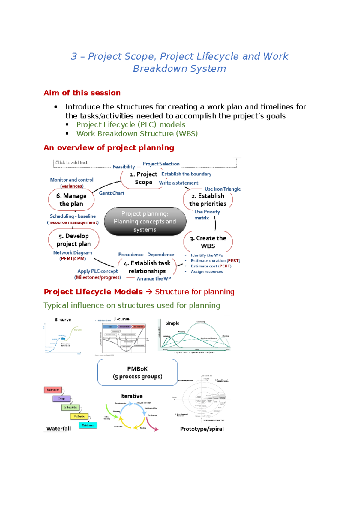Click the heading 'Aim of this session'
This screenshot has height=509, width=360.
(82, 93)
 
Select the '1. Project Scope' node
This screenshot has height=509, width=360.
(143, 178)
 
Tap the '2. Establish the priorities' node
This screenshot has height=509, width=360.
(208, 200)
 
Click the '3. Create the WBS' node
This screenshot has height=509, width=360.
(208, 242)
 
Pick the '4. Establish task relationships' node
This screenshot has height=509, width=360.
(147, 267)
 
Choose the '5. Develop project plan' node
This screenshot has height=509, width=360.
(73, 240)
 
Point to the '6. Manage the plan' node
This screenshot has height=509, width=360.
(71, 200)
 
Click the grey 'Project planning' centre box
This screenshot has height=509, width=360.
(145, 222)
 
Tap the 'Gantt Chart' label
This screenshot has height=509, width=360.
(112, 193)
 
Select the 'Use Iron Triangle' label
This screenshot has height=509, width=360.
(222, 189)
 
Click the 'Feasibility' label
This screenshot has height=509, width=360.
(124, 167)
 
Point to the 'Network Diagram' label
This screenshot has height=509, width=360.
(73, 253)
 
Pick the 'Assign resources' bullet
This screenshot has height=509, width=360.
(207, 272)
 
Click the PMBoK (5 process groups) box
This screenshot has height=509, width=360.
(137, 372)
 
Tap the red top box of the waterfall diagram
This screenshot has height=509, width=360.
(53, 390)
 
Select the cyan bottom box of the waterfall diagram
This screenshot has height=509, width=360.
(88, 425)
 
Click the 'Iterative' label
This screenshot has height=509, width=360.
(131, 396)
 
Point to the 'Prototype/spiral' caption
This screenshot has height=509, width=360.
(202, 429)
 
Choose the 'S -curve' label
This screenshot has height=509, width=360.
(63, 320)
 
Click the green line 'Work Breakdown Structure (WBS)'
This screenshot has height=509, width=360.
(137, 134)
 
